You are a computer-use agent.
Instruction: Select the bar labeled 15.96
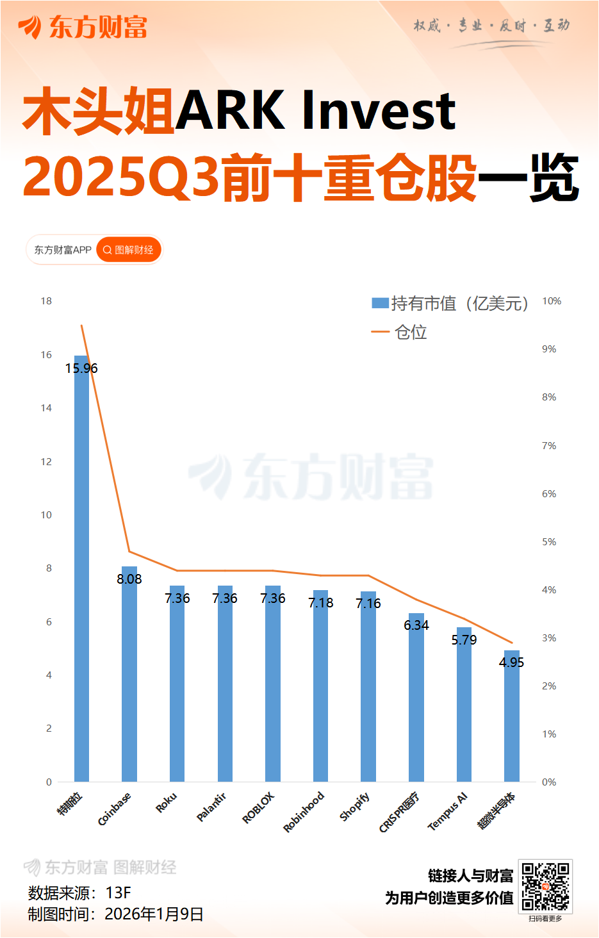[81, 570]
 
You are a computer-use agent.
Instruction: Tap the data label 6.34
[416, 625]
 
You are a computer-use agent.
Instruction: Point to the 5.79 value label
[464, 640]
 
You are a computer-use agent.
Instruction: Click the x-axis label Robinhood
[304, 812]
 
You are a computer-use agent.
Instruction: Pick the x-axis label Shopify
[354, 807]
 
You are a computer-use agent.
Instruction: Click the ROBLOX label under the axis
[258, 807]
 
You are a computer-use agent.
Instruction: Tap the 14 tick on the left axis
[46, 408]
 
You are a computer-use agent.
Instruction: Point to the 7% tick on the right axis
[549, 446]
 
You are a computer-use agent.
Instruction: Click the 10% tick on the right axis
[552, 301]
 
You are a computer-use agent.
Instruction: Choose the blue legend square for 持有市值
[380, 303]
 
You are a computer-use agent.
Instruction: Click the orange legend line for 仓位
[380, 332]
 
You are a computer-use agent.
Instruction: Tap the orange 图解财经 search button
[128, 250]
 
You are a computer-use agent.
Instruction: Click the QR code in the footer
[545, 886]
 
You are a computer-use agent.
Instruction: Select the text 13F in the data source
[119, 893]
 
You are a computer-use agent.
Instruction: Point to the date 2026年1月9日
[154, 914]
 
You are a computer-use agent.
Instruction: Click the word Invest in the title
[378, 111]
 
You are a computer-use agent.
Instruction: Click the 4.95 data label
[511, 662]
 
